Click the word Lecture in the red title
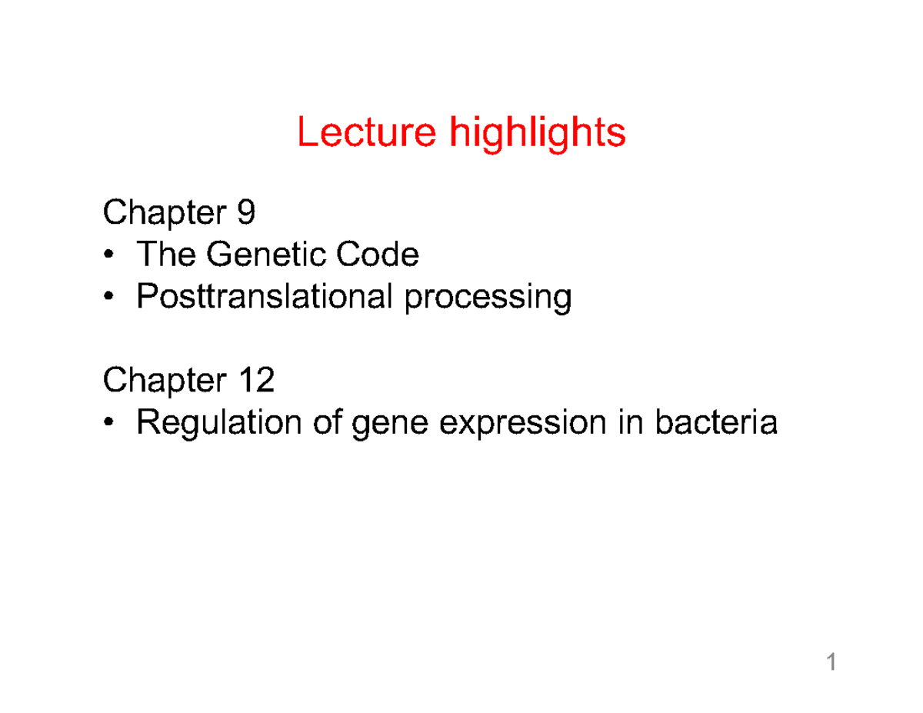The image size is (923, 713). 367,132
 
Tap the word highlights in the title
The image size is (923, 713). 538,134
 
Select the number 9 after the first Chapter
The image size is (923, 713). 246,212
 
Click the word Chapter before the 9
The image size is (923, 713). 165,214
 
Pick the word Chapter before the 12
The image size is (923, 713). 165,381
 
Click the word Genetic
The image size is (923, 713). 265,254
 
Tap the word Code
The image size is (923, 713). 377,254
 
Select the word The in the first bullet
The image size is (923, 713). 166,254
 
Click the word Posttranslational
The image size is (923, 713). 264,296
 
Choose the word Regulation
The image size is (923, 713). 218,423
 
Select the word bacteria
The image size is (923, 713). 716,421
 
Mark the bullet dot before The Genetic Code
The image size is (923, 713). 108,254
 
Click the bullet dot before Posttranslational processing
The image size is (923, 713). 108,295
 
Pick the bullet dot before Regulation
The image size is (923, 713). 108,421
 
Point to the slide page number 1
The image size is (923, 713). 831,662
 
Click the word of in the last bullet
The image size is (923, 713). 328,421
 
